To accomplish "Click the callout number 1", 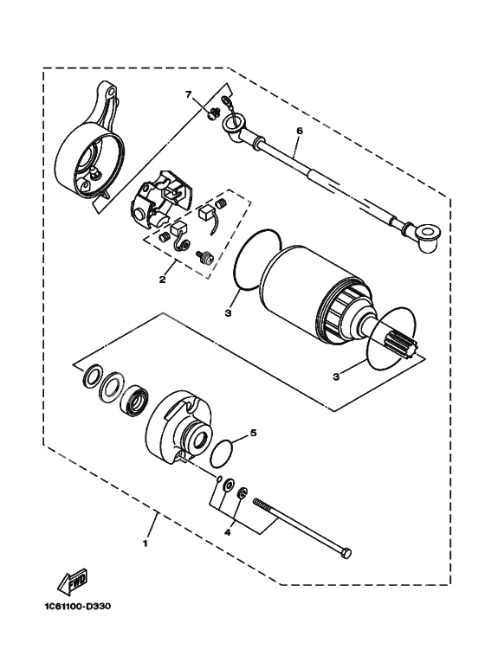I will click(x=145, y=544).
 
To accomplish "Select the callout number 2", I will click(x=162, y=280).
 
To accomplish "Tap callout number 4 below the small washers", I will click(x=228, y=533).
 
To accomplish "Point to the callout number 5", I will click(x=253, y=432).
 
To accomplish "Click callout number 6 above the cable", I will click(x=299, y=131).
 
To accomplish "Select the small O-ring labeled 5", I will click(x=223, y=453).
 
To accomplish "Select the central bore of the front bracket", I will click(x=195, y=439).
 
